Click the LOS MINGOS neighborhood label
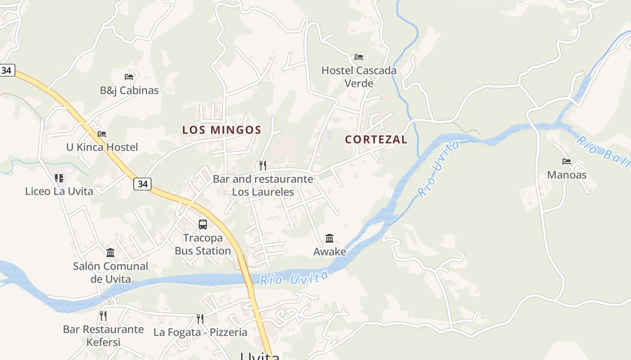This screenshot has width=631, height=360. coord(221,130)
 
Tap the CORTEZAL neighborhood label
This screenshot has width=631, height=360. coord(376,139)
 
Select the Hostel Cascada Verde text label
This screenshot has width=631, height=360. coord(359,77)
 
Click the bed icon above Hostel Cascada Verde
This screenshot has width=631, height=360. coord(359,57)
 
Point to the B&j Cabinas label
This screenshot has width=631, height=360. coord(129,90)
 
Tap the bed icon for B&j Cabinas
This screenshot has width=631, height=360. coord(129,77)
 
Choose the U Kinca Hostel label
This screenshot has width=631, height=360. coord(102,147)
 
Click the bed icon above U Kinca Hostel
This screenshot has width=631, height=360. coord(102,134)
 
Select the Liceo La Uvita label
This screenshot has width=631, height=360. coord(59,191)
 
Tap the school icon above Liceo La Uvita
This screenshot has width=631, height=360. coord(59,178)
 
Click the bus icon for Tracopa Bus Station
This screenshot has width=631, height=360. coord(203,224)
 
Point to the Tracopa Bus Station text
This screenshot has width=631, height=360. coord(203,244)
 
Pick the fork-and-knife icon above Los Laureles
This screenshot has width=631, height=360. coord(263,165)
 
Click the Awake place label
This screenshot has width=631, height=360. coord(330,252)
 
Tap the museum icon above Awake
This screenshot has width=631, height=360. coord(329,238)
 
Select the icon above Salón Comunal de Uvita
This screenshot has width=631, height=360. coord(110,252)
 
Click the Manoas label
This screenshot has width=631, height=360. coord(567,175)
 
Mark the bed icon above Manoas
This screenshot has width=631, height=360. coord(567,162)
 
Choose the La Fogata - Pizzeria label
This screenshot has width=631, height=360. coord(201,333)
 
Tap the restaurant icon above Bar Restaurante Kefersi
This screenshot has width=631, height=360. coord(103,315)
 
